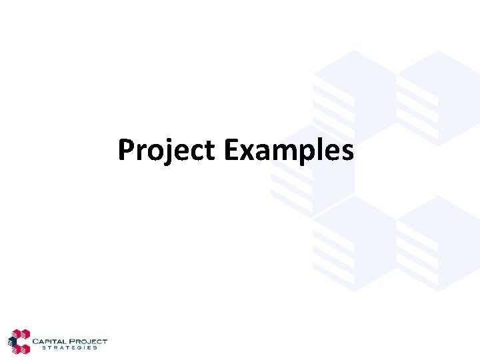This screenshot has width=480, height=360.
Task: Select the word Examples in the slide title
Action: [289, 151]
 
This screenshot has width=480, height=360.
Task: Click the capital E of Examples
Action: [231, 150]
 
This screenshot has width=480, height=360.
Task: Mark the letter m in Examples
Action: [278, 153]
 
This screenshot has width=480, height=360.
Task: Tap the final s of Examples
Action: [347, 153]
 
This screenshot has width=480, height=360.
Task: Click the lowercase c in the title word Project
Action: [196, 153]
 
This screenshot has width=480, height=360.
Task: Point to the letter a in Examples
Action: [259, 153]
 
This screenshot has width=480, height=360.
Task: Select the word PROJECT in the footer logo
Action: [90, 341]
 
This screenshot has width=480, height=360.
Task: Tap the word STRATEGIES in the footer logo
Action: [69, 348]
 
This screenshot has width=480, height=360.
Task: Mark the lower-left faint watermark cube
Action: [353, 243]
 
